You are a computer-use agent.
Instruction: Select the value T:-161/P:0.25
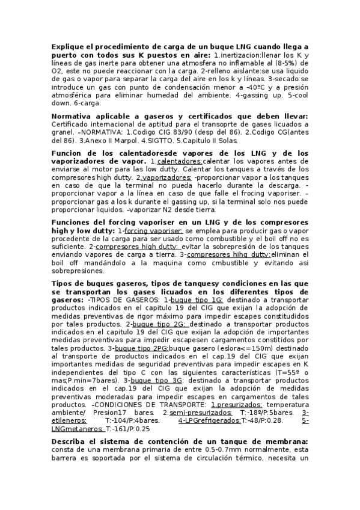coord(128,429)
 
